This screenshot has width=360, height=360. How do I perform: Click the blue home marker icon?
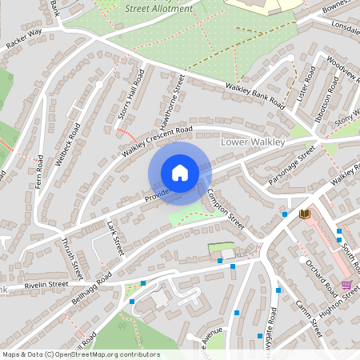pos(180,172)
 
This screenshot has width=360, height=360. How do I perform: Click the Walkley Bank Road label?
pos(255,97)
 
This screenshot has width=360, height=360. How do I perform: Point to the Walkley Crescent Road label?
pos(158,141)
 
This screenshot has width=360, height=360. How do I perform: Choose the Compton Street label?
pos(225,210)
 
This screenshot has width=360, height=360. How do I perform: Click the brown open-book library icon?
pos(304,214)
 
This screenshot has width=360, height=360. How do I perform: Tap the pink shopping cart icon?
pos(346,285)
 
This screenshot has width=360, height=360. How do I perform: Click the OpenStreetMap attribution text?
pos(81,354)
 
